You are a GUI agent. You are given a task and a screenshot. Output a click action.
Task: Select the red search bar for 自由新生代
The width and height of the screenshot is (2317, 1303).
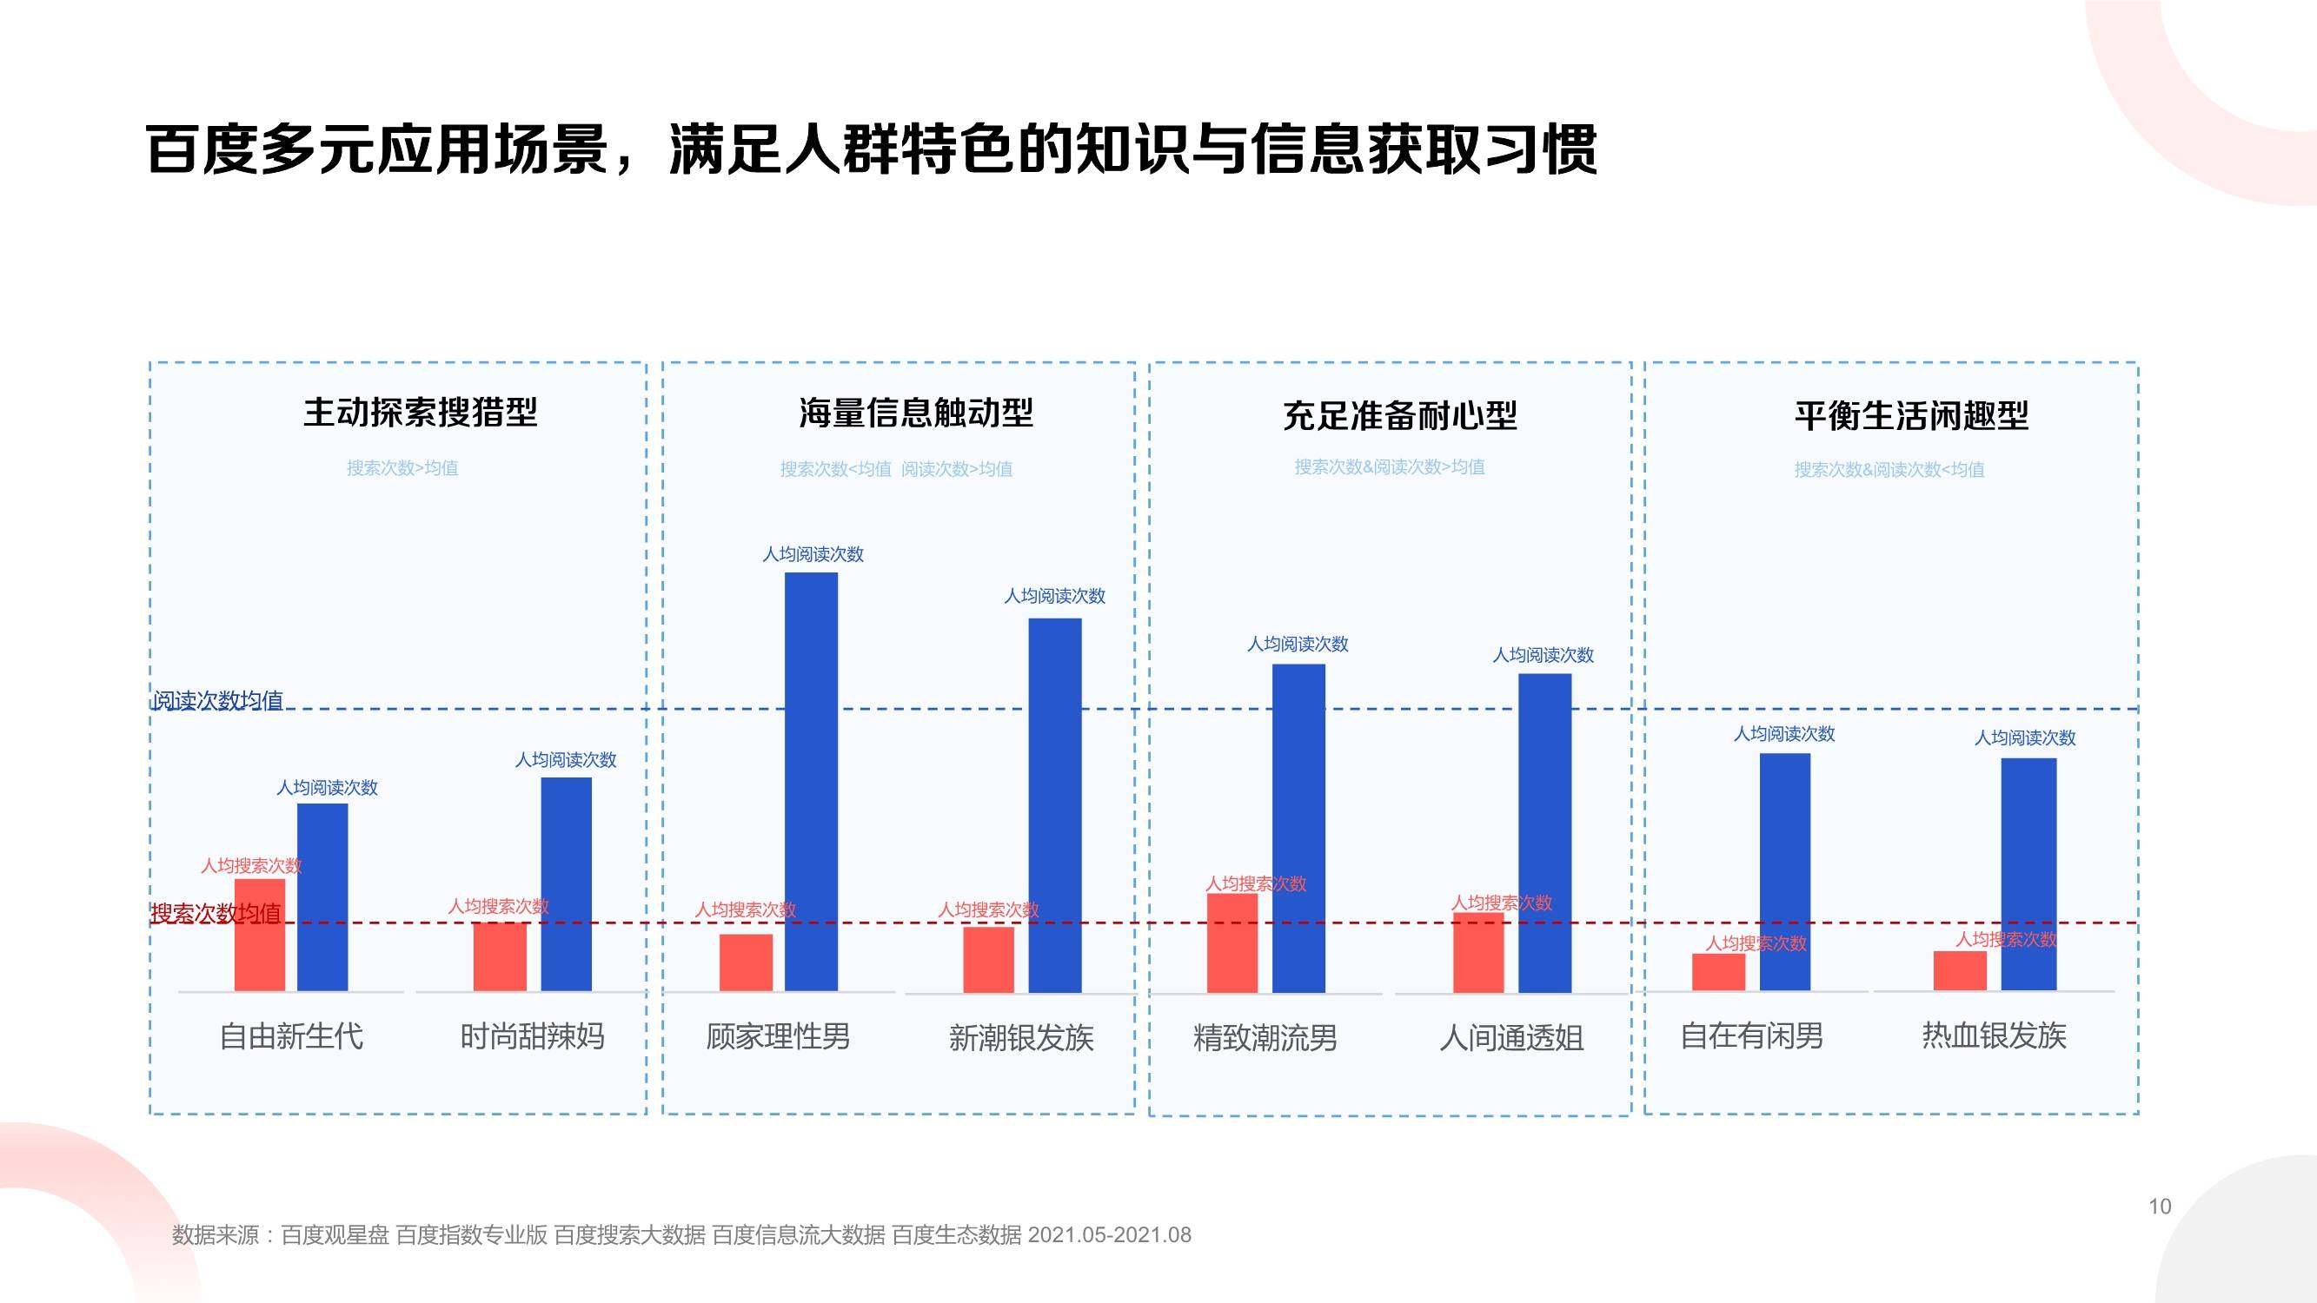coord(259,936)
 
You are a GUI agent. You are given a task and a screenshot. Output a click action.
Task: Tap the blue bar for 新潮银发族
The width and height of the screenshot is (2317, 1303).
coord(1054,805)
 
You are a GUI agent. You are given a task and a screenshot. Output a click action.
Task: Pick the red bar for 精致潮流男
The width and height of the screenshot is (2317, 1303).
coord(1232,943)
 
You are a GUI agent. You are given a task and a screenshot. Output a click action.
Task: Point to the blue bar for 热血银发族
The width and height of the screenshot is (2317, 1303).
coord(2028,874)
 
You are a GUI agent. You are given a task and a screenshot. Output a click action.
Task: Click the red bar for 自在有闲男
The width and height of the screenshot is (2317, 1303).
coord(1718,972)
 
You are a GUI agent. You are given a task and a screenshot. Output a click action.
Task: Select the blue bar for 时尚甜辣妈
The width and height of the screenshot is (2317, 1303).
coord(566,883)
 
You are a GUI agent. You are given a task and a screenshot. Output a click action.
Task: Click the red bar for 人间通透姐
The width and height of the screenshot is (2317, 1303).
coord(1477,953)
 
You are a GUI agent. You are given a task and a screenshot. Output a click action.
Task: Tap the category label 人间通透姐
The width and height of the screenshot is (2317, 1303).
coord(1511,1038)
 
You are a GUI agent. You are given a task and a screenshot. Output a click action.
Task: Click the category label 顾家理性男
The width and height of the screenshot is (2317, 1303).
coord(777,1036)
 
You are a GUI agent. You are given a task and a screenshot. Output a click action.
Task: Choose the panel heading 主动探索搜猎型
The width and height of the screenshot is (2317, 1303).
coord(420,413)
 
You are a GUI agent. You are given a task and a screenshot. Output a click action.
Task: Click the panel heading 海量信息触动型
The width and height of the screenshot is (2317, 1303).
coord(916,413)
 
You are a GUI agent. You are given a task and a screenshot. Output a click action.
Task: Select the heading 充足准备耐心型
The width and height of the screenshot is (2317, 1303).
coord(1399,415)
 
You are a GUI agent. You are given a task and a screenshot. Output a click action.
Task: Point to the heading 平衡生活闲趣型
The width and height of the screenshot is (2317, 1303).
coord(1911,415)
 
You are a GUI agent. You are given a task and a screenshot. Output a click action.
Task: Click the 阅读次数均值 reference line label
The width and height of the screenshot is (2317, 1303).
coord(217,699)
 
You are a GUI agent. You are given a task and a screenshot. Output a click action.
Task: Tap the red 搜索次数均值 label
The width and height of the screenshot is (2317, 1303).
coord(216,914)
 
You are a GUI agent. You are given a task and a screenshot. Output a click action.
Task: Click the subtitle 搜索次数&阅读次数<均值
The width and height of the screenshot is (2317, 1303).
coord(1889,469)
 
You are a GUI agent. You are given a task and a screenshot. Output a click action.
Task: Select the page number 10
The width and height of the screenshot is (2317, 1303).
coord(2160,1207)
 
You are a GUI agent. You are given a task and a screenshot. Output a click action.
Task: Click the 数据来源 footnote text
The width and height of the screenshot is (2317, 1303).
coord(680,1234)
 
